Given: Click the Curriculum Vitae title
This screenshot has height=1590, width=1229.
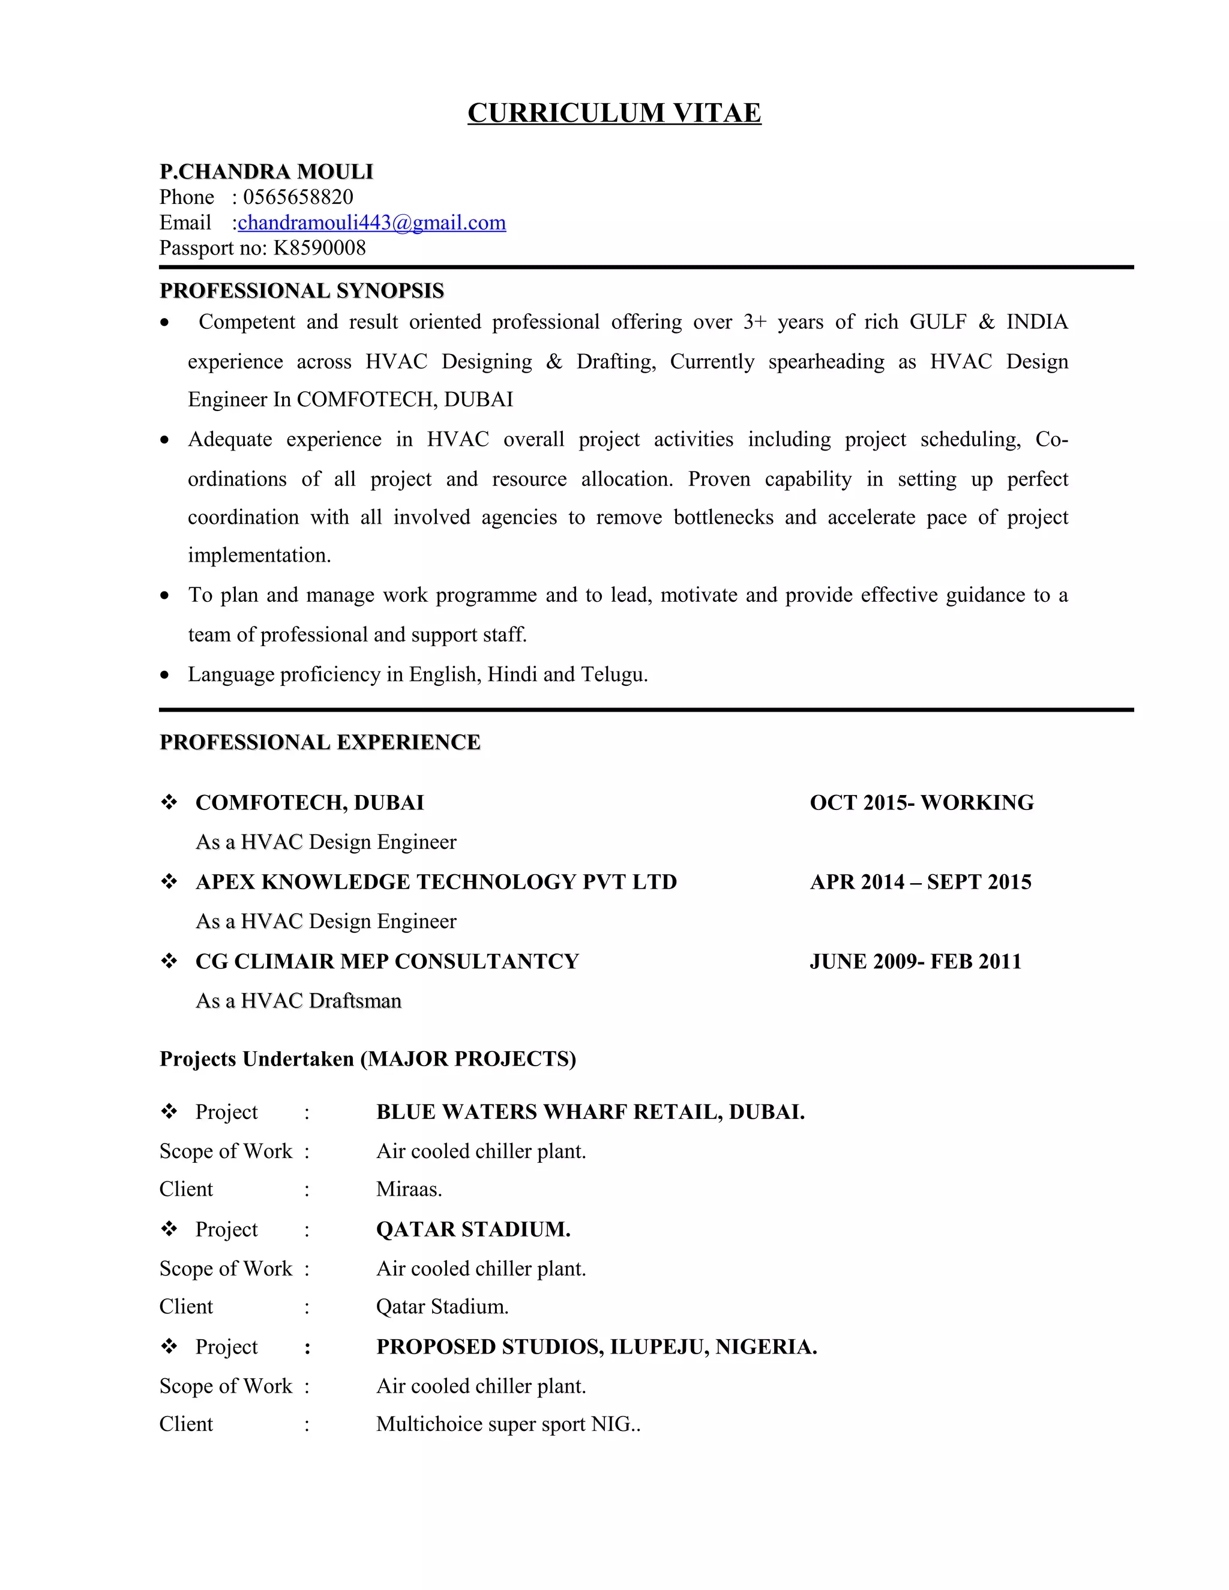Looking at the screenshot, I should [x=614, y=113].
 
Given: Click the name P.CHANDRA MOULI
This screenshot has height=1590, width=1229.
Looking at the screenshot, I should [x=266, y=172].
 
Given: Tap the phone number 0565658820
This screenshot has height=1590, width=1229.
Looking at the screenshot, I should [x=298, y=197].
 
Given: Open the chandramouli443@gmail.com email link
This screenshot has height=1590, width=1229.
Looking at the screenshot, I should [x=371, y=223].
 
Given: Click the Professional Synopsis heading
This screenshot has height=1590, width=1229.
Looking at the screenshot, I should [x=301, y=290].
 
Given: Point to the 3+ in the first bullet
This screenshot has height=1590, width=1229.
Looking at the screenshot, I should [x=754, y=322].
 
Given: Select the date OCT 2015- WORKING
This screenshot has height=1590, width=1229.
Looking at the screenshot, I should [x=921, y=802].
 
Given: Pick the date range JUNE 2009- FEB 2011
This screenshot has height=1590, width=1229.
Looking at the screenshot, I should [x=915, y=961].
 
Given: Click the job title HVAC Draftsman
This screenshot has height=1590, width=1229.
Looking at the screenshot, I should [x=321, y=1001].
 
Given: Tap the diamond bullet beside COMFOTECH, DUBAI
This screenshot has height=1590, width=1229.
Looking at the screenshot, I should [x=169, y=802].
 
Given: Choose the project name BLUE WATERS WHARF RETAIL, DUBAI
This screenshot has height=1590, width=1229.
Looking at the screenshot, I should [x=590, y=1112].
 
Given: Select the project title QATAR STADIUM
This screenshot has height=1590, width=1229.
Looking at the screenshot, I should [x=472, y=1229].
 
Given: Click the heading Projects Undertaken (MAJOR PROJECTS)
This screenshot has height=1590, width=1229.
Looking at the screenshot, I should [x=368, y=1058].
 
